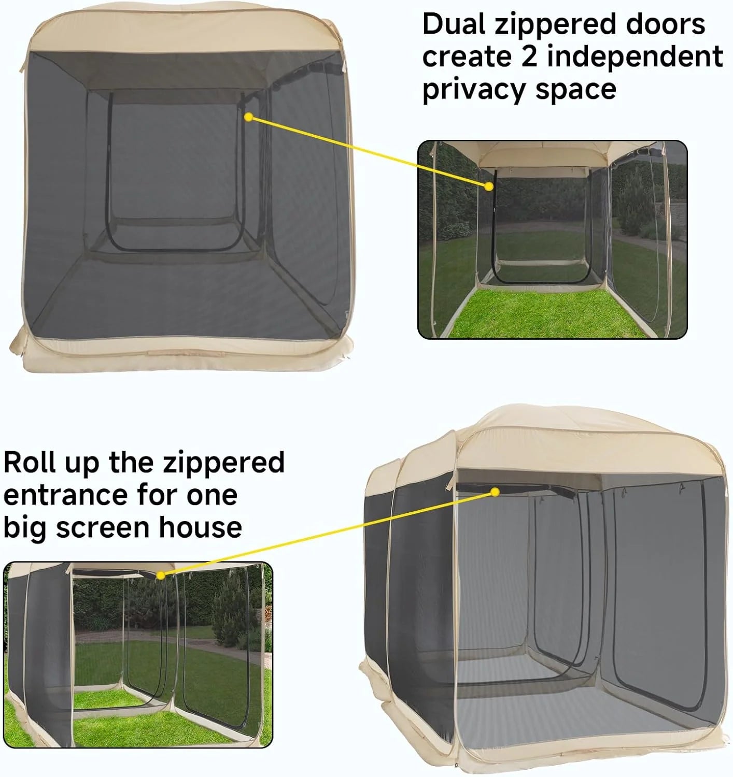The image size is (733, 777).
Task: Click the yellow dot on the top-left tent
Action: (x=248, y=118)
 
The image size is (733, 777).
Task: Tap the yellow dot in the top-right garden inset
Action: (x=488, y=186)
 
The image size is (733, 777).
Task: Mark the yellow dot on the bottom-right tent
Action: (x=496, y=491)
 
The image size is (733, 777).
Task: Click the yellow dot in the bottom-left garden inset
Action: (x=161, y=575)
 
